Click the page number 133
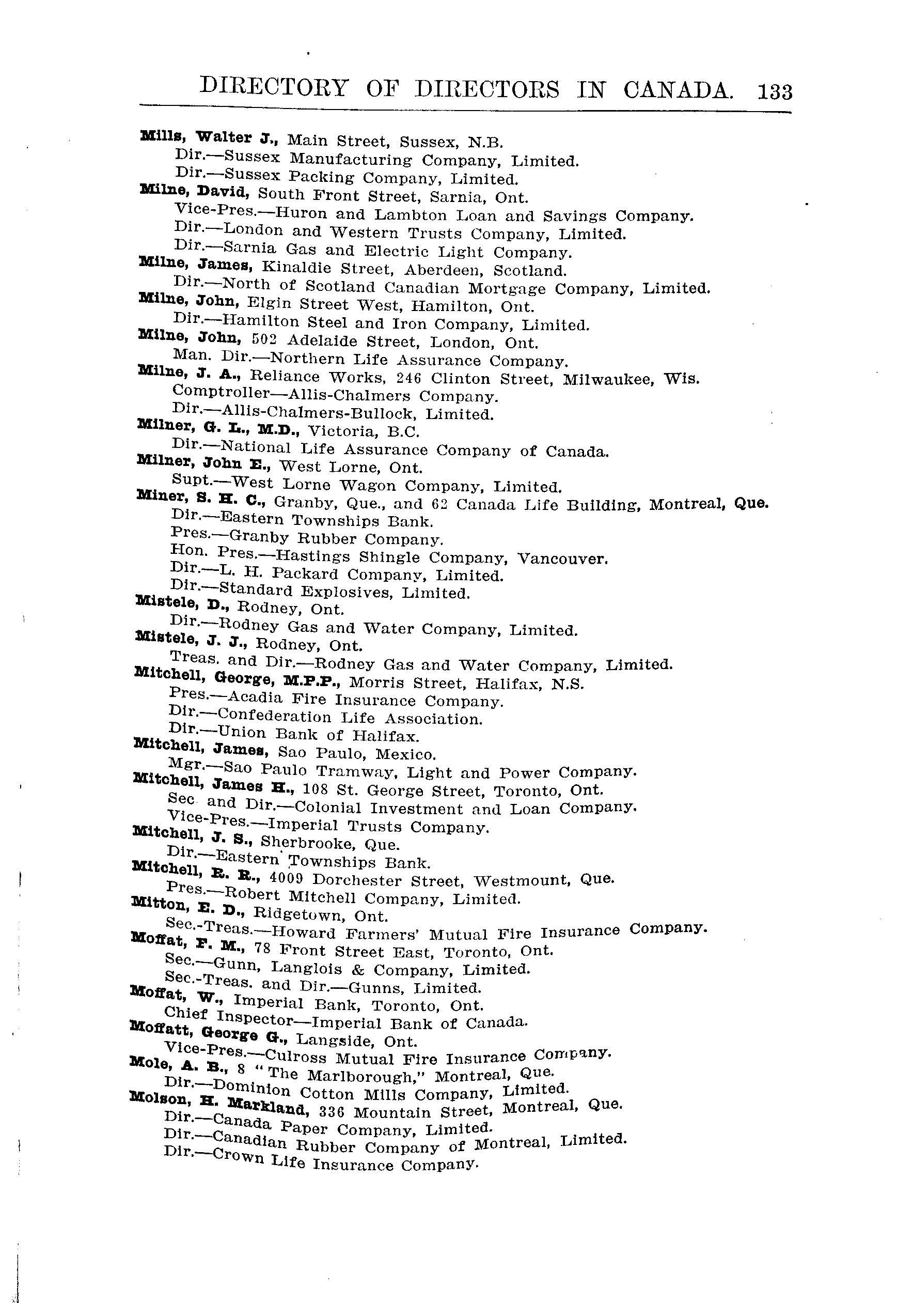[x=775, y=91]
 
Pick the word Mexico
[x=405, y=754]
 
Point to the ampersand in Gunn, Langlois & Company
[x=362, y=970]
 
